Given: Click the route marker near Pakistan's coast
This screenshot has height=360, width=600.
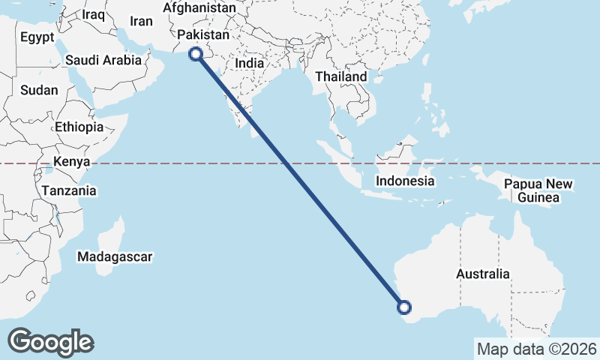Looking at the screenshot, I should point(196,53).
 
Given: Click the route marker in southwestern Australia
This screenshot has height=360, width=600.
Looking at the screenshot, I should point(404,306).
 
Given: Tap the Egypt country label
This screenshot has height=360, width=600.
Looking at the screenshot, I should point(37,37).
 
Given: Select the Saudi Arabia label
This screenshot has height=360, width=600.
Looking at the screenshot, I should point(103,60).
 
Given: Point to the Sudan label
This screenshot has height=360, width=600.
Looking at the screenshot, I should point(39,90).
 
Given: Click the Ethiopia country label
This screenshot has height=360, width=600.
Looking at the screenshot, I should point(79,127).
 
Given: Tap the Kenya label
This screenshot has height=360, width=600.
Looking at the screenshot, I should point(72,162).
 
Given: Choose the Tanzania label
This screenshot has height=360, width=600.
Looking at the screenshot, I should point(69,190).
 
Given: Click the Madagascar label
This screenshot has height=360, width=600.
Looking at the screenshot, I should point(115,256).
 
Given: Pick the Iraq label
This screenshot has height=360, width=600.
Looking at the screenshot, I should point(94,14).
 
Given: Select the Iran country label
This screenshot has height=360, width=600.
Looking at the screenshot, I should point(141,22).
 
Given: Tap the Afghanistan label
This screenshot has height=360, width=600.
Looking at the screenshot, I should point(199,7).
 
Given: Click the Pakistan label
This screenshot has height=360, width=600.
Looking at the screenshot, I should point(202,35).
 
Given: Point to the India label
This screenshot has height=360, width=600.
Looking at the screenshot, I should point(250,64).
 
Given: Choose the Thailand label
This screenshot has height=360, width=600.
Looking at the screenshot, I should point(341,76).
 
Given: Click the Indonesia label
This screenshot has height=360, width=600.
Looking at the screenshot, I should point(405,181).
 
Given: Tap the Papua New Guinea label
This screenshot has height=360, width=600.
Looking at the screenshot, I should point(538,190).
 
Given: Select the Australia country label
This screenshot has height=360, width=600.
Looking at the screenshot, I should point(483,274).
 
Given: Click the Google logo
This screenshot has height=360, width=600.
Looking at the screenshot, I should point(50,342).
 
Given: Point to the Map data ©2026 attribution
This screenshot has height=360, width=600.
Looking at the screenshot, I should point(537,349).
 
